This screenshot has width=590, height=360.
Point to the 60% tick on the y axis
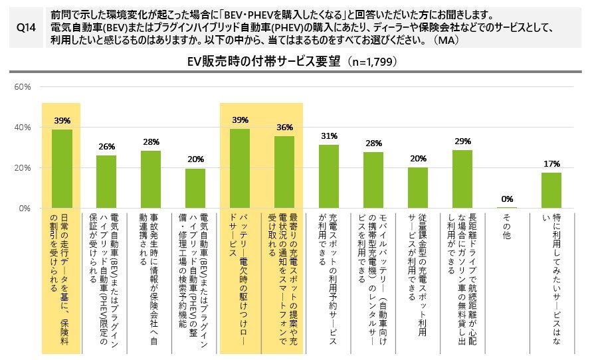tap(23, 86)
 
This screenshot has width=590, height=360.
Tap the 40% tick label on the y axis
tap(23, 128)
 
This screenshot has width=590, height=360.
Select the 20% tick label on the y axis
tap(23, 168)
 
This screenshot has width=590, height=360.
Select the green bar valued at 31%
tap(329, 177)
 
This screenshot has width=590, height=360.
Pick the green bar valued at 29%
tap(462, 179)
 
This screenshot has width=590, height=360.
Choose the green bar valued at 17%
tap(551, 191)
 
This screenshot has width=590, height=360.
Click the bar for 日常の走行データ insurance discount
tap(62, 169)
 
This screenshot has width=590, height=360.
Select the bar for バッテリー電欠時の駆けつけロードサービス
tap(240, 169)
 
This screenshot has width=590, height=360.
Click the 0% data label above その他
tap(507, 198)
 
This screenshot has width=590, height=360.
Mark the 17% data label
tap(551, 163)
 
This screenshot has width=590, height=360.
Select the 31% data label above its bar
tap(329, 135)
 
